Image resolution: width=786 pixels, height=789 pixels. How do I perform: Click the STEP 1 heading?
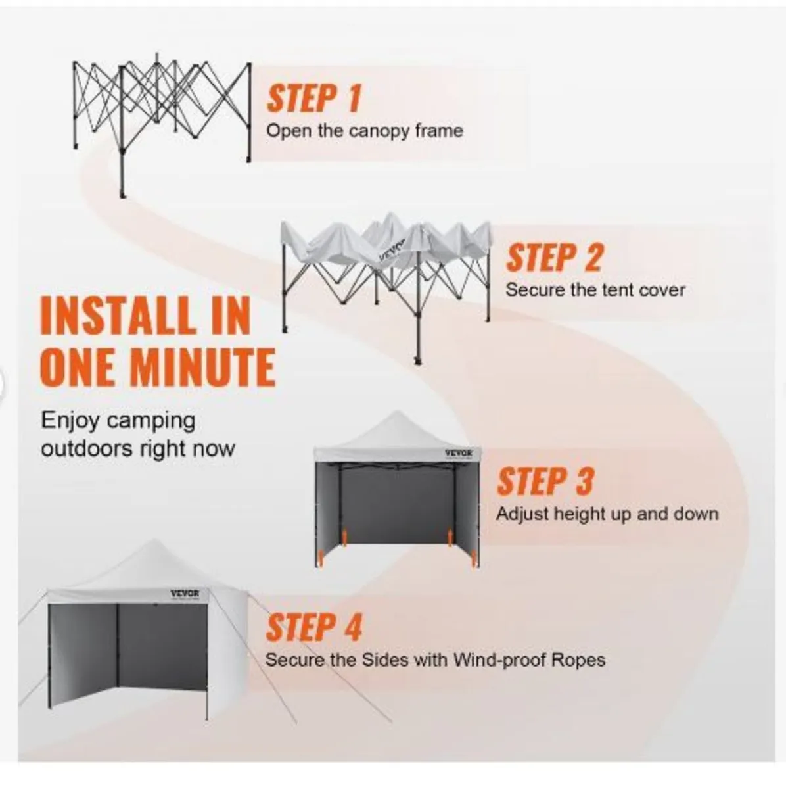[314, 98]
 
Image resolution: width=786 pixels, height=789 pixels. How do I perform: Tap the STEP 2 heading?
[554, 258]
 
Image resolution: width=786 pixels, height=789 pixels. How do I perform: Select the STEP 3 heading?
[545, 481]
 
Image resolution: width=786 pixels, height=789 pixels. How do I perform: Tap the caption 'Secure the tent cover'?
[595, 290]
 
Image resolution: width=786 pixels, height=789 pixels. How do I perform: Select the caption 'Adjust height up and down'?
[607, 514]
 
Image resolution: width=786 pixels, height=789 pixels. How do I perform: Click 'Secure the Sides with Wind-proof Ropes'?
[435, 671]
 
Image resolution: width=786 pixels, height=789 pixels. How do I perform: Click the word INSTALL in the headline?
[117, 316]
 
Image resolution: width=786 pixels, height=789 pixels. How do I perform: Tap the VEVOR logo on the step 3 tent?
[459, 454]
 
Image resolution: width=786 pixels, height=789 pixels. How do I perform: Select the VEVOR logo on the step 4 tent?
[185, 594]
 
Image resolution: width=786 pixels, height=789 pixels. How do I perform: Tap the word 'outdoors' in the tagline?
[87, 449]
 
